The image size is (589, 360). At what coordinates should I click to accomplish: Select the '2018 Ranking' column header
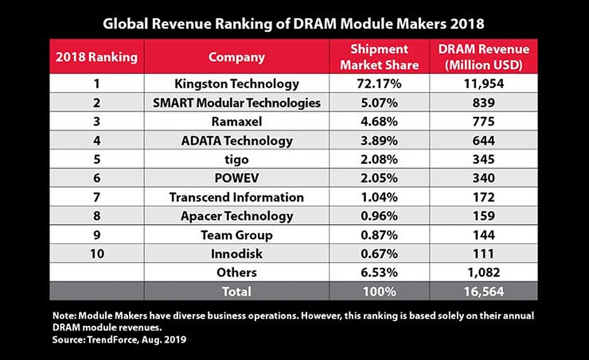pyautogui.click(x=96, y=57)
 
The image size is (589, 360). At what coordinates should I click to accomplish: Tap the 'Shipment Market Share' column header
pyautogui.click(x=379, y=57)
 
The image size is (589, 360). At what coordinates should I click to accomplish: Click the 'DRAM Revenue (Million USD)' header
pyautogui.click(x=483, y=57)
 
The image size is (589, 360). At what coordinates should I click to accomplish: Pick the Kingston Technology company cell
pyautogui.click(x=237, y=84)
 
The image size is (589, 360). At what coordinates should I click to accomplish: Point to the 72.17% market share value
pyautogui.click(x=379, y=84)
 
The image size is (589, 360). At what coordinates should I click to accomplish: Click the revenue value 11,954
pyautogui.click(x=483, y=84)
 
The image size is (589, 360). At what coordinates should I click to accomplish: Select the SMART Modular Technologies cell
pyautogui.click(x=237, y=103)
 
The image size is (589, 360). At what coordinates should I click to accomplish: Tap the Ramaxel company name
pyautogui.click(x=237, y=122)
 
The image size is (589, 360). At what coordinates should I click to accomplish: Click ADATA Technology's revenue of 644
pyautogui.click(x=483, y=141)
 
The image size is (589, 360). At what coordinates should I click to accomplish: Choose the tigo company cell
pyautogui.click(x=237, y=160)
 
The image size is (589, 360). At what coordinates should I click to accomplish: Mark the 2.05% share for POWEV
pyautogui.click(x=379, y=179)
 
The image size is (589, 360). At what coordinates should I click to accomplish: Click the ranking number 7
pyautogui.click(x=96, y=197)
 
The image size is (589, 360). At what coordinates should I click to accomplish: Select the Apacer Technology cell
pyautogui.click(x=237, y=216)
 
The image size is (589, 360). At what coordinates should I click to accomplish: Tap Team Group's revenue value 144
pyautogui.click(x=483, y=235)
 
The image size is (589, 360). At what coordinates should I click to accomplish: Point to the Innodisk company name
pyautogui.click(x=237, y=254)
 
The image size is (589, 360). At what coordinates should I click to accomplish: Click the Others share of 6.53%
pyautogui.click(x=379, y=273)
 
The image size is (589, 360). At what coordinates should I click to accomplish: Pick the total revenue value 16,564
pyautogui.click(x=483, y=292)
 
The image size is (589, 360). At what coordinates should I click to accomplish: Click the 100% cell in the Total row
pyautogui.click(x=379, y=292)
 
